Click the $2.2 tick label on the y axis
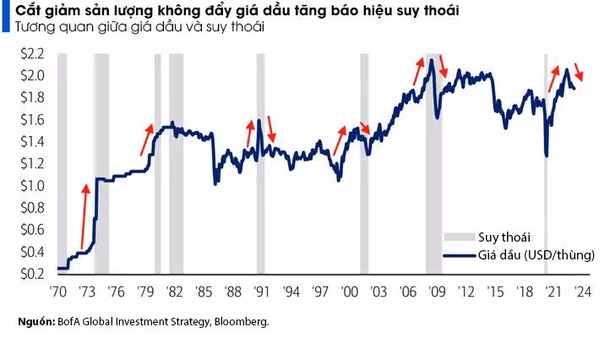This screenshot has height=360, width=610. [31, 52]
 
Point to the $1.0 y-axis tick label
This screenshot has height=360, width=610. [31, 185]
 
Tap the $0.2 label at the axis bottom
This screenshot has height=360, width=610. [31, 274]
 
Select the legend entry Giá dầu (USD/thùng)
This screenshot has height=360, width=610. [536, 254]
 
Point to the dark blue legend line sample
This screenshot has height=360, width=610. [458, 254]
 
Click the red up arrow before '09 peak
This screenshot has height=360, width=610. [419, 71]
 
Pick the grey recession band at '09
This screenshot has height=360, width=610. [433, 169]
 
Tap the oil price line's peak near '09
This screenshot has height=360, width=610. [431, 60]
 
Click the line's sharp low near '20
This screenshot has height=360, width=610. [547, 155]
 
